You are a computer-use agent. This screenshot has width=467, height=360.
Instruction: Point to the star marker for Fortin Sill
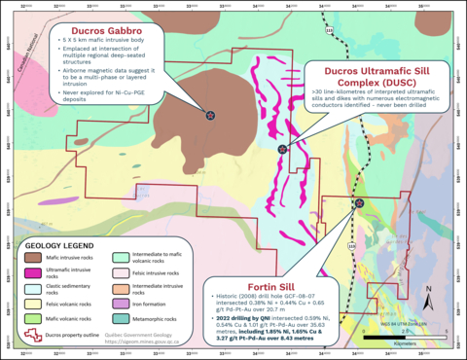360,203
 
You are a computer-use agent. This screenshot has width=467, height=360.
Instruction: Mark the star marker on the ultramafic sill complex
282,149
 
